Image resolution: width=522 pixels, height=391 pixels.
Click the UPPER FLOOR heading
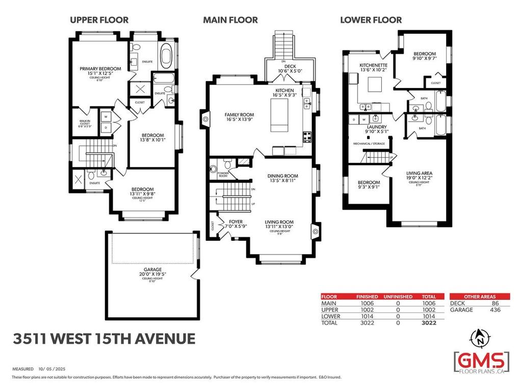point(99,20)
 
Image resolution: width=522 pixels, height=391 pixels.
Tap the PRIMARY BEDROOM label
point(100,69)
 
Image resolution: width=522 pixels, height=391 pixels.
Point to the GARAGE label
point(152,269)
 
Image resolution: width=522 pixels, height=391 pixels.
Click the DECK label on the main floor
point(286,65)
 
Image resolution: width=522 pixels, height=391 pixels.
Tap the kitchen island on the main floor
point(278,116)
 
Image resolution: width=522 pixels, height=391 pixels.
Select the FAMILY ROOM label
point(240,115)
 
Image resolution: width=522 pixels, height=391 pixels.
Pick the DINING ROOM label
point(283,176)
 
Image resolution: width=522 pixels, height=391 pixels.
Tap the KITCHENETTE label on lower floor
point(374,66)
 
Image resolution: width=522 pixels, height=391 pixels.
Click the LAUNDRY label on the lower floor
point(376,127)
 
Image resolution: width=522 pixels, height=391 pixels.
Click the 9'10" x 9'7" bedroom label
point(424,54)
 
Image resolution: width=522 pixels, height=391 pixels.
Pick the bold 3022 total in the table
point(428,322)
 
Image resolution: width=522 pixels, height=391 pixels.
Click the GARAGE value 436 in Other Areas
point(493,310)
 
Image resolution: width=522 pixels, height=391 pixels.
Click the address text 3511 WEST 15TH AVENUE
point(104,339)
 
